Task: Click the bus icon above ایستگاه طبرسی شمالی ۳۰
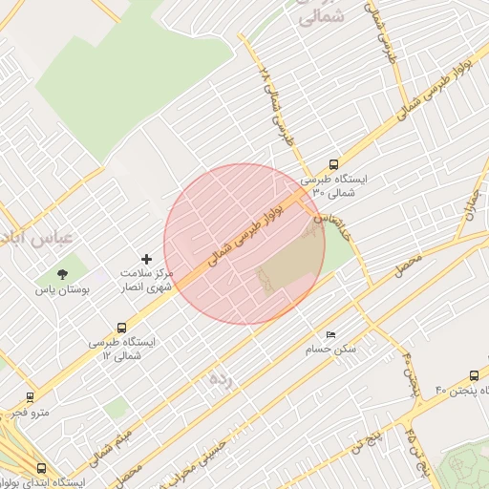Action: pos(333,163)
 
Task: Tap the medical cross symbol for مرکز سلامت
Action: pos(146,259)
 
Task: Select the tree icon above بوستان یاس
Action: pos(62,274)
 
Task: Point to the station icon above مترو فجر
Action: pos(30,396)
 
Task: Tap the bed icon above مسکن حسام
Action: pos(331,335)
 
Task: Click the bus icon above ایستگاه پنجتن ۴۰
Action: pos(474,375)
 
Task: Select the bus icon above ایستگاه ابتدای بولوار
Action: pos(40,468)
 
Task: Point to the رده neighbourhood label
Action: pos(221,380)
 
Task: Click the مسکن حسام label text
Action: pos(331,350)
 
